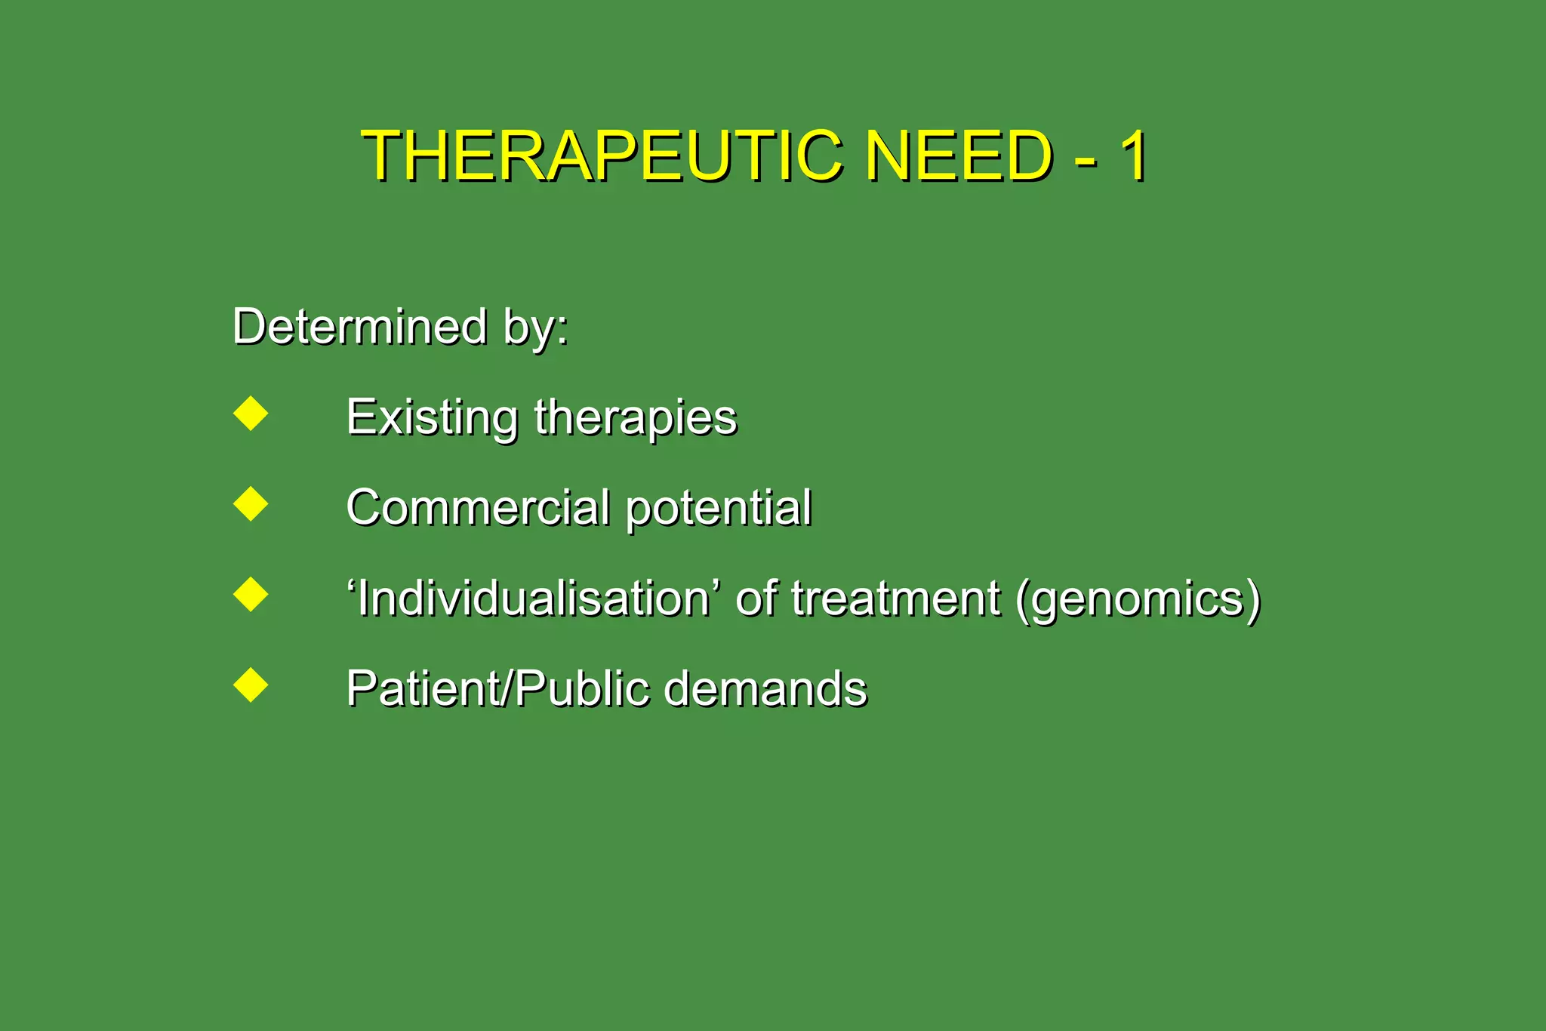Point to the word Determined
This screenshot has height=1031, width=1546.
click(360, 326)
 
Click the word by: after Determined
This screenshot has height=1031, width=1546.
click(536, 329)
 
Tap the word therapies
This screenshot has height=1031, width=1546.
click(636, 419)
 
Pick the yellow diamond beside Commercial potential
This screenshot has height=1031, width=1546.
click(251, 503)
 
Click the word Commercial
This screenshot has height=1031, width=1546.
click(478, 506)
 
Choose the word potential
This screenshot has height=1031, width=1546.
click(719, 508)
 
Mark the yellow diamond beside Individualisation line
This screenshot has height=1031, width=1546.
click(251, 594)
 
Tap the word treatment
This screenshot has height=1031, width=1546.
click(895, 599)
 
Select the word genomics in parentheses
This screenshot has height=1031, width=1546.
click(1138, 600)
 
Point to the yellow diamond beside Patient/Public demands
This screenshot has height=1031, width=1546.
click(251, 685)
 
